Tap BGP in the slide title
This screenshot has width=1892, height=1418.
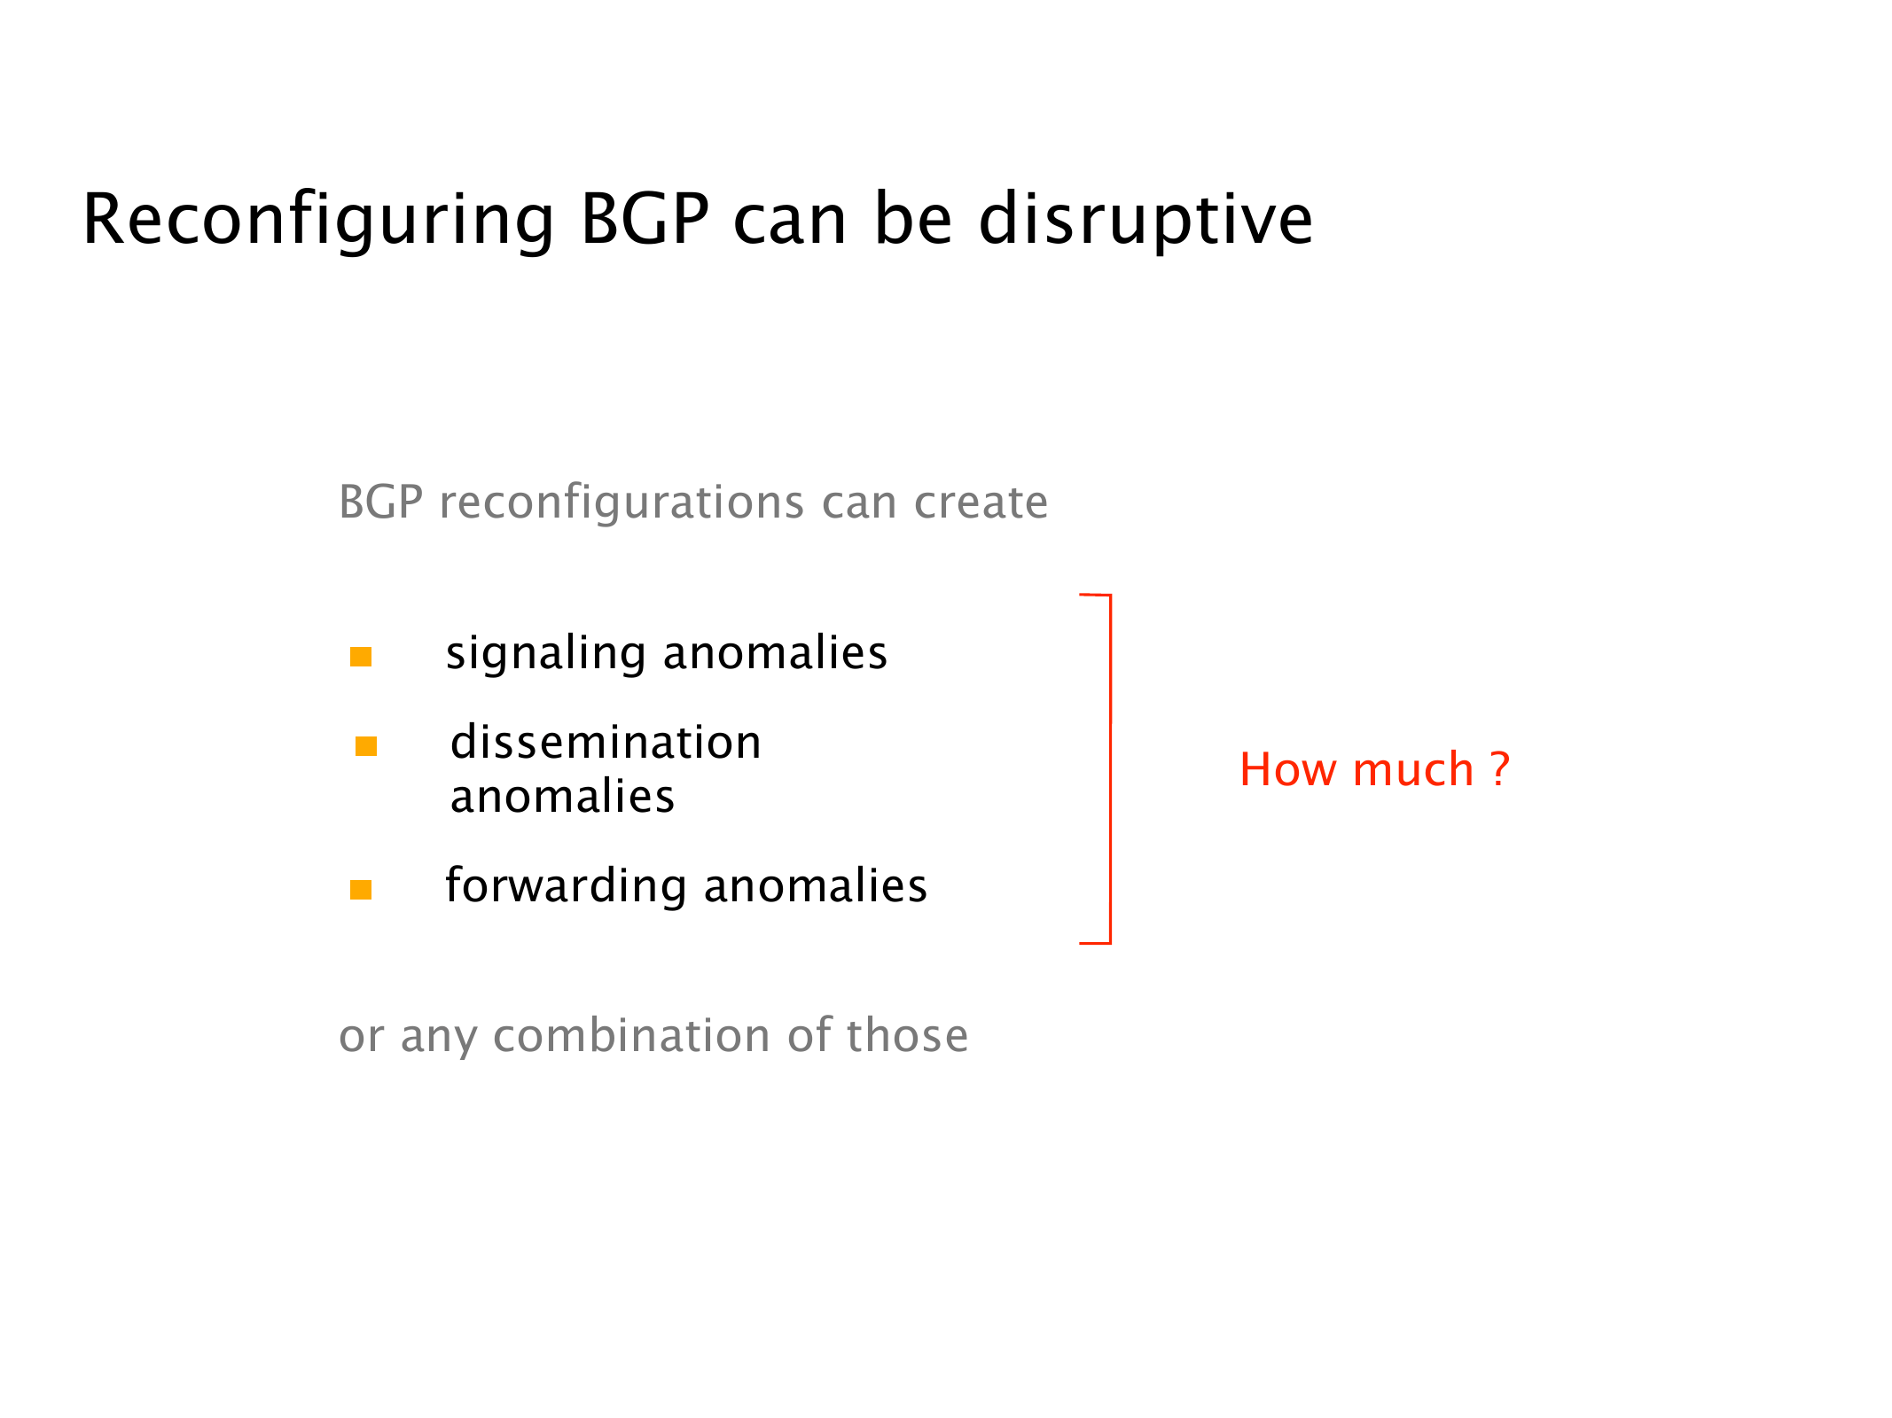[645, 219]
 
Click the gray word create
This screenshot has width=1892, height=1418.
[981, 503]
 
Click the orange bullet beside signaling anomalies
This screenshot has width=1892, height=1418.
[361, 657]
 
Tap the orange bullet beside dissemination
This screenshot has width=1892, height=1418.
[366, 746]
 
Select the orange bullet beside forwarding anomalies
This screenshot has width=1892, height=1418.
[361, 889]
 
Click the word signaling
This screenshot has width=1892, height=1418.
[545, 654]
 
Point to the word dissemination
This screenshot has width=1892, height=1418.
[606, 742]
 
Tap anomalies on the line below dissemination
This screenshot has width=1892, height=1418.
[562, 796]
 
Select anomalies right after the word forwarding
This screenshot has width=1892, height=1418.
[816, 885]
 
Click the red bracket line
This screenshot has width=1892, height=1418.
[1110, 769]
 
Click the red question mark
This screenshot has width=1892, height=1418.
[1499, 768]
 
